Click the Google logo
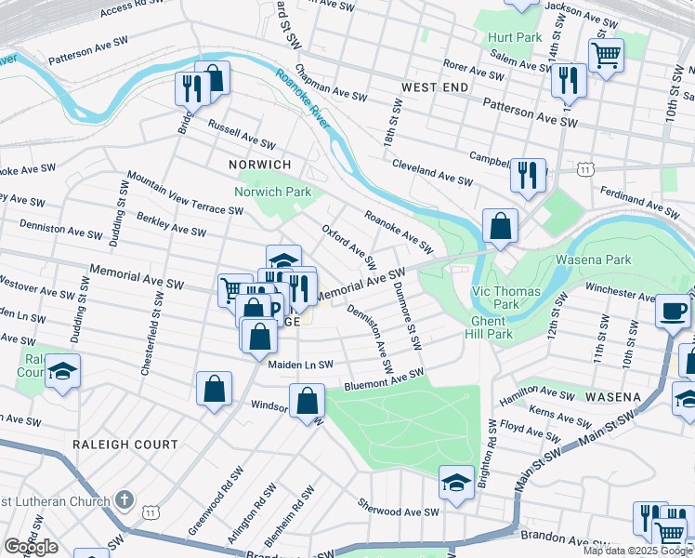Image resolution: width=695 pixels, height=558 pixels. pyautogui.click(x=31, y=546)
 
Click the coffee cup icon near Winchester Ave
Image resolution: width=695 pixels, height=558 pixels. pyautogui.click(x=674, y=311)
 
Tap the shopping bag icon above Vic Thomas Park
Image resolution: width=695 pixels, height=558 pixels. pyautogui.click(x=500, y=226)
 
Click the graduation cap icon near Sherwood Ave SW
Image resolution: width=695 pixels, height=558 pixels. pyautogui.click(x=456, y=483)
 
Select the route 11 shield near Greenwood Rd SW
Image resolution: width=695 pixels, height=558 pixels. pyautogui.click(x=150, y=511)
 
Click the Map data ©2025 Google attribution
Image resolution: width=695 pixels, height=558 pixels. pyautogui.click(x=636, y=551)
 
